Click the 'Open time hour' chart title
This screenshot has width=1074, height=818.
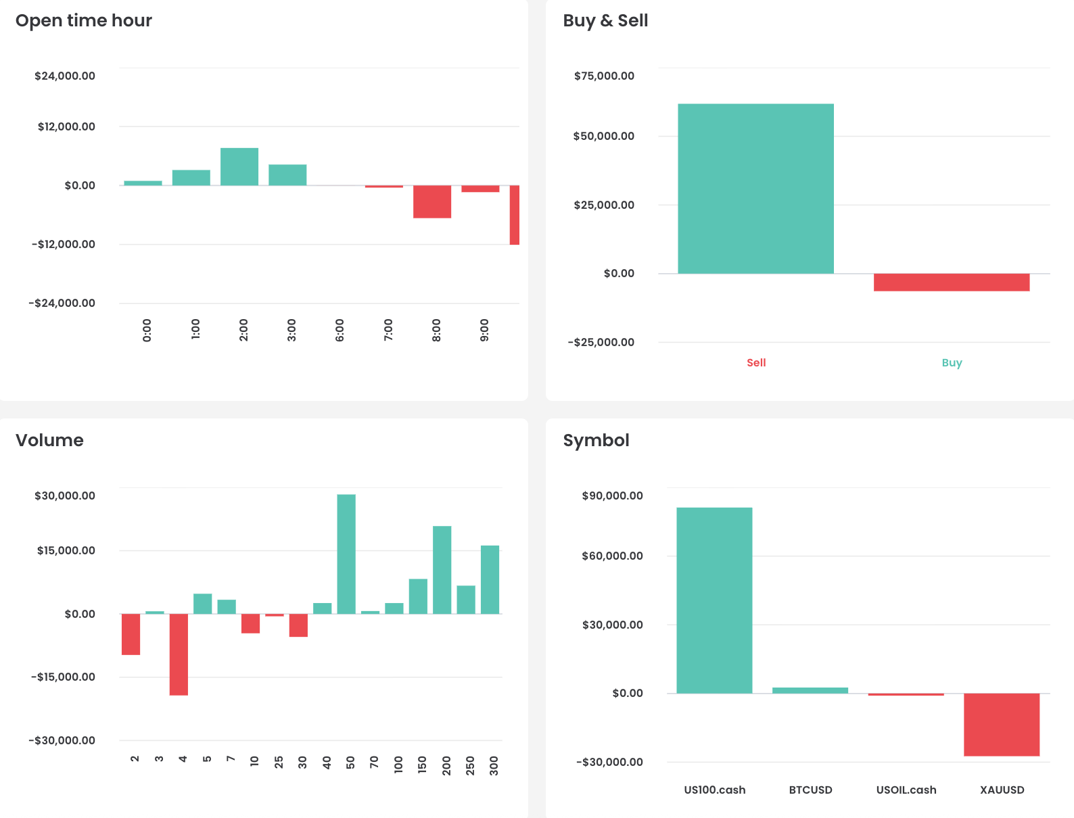[83, 21]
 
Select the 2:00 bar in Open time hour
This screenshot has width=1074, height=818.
[239, 167]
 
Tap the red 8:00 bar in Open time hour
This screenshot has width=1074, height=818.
[432, 201]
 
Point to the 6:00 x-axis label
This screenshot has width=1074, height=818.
[340, 330]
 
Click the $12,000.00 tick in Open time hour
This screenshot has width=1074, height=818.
[66, 126]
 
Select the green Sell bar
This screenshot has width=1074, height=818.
[755, 189]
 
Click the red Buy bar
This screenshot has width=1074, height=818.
[951, 282]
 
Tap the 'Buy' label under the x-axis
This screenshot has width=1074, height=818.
[952, 363]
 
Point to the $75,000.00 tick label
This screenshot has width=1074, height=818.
[604, 76]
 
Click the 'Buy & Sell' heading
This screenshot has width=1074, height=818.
[605, 21]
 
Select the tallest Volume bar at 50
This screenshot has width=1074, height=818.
[346, 554]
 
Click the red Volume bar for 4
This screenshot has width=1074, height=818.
[179, 654]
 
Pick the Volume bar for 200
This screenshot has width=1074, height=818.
[442, 570]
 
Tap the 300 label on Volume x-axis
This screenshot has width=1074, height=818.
[494, 765]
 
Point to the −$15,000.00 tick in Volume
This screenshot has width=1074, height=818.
[63, 677]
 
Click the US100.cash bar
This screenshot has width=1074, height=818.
[714, 600]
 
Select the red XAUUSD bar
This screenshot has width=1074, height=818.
[1002, 724]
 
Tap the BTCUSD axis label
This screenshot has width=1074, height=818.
[810, 790]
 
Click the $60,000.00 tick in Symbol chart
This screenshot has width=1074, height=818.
[612, 556]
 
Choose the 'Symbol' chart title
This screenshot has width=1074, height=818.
[596, 441]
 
